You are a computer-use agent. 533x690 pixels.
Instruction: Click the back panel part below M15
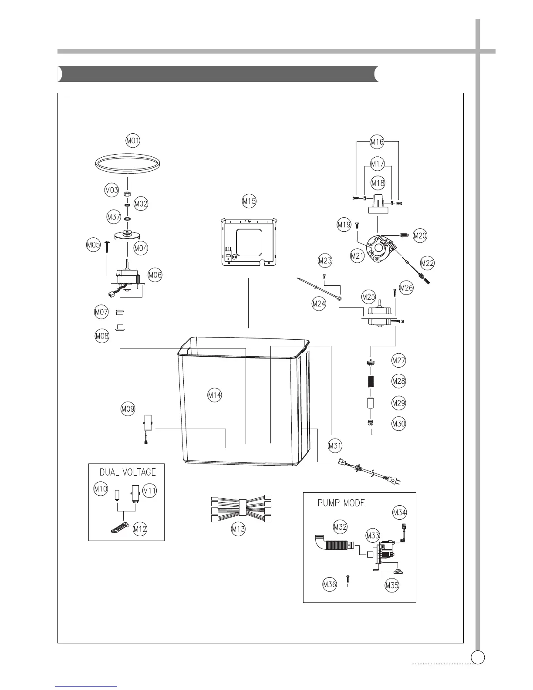coord(248,242)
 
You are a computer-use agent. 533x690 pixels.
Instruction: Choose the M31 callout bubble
coord(335,446)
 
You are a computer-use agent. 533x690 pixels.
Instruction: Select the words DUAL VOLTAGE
coord(128,472)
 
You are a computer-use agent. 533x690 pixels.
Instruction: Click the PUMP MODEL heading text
coord(344,503)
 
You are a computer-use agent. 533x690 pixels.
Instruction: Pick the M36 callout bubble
coord(330,585)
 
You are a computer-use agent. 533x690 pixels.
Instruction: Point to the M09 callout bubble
coord(128,409)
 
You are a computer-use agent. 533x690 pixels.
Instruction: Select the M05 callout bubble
coord(94,245)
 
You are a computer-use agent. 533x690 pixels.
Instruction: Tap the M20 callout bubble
coord(420,236)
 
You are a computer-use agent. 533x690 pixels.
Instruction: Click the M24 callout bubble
coord(319,304)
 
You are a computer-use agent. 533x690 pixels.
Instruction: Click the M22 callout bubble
coord(427,263)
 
